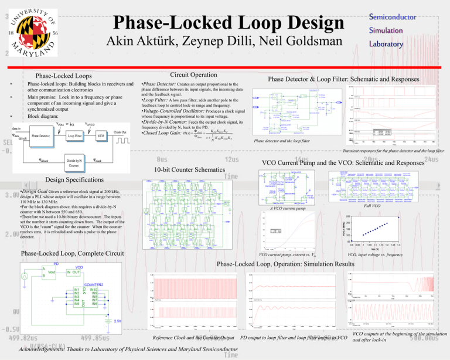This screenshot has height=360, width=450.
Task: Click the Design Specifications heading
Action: [59, 181]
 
